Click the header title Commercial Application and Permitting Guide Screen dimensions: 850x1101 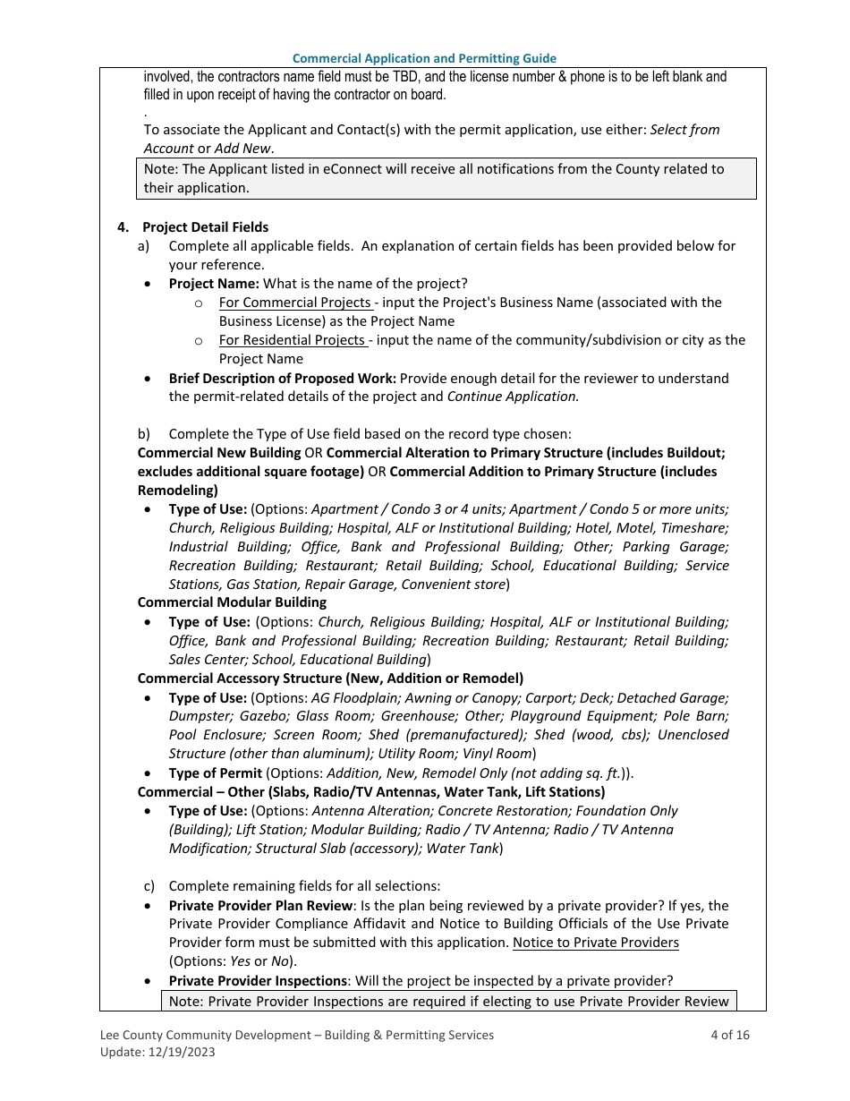coord(424,58)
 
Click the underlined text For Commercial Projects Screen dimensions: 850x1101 coord(294,303)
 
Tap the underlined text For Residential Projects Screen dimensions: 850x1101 coord(292,340)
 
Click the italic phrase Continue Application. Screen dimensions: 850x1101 coord(513,397)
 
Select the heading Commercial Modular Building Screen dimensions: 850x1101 coord(232,602)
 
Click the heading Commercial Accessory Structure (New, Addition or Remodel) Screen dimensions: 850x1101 coord(330,678)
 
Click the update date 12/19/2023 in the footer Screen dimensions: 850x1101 coord(180,1053)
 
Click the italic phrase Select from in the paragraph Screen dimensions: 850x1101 coord(684,130)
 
